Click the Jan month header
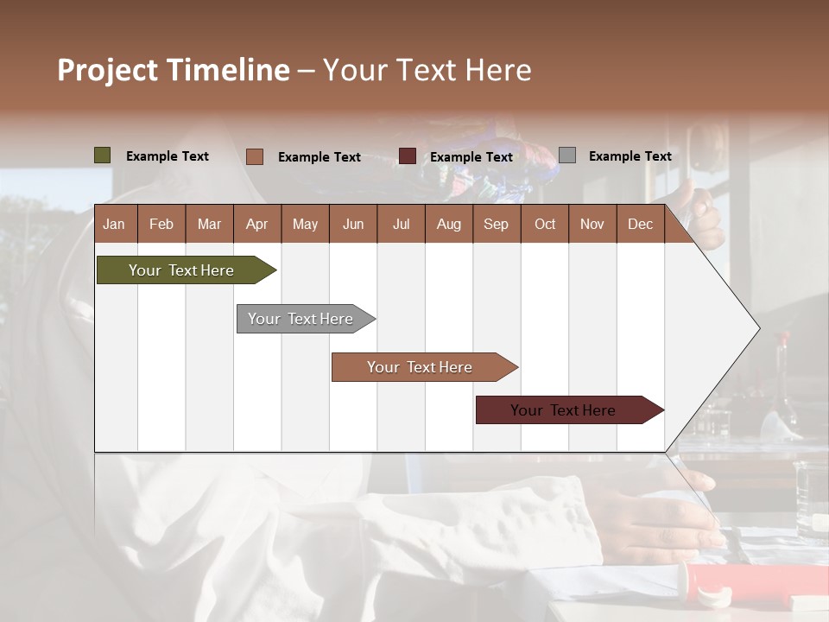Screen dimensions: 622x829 [x=115, y=224]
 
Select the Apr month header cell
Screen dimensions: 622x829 [x=257, y=224]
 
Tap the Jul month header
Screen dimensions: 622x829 [x=401, y=224]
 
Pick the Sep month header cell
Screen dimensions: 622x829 [x=496, y=224]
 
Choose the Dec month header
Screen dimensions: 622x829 [x=640, y=224]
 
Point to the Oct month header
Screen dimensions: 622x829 [x=544, y=224]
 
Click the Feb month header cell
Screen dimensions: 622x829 [x=161, y=224]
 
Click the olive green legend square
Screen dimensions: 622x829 [x=103, y=155]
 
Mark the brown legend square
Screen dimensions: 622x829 [x=255, y=156]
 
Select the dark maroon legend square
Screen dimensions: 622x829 [x=408, y=156]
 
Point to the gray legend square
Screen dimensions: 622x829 [x=567, y=155]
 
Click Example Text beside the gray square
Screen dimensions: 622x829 [x=630, y=156]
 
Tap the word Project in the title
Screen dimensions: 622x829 [x=107, y=70]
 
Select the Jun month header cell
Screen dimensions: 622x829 [x=353, y=224]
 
